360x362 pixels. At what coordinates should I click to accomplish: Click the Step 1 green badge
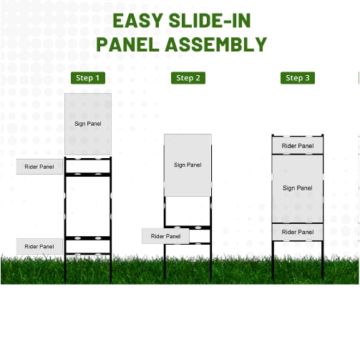88,78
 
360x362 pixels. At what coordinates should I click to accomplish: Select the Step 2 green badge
188,78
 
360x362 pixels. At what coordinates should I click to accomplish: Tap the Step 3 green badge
298,78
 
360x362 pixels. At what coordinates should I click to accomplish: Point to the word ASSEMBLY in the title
216,44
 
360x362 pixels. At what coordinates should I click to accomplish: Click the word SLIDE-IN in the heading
210,21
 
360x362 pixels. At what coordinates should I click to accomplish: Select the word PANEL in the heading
127,44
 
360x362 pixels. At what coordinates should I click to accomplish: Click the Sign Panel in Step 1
88,124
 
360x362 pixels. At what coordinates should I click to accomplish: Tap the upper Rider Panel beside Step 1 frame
39,167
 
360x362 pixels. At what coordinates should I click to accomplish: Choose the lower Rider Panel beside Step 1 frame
39,246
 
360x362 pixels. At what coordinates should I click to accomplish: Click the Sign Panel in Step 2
188,165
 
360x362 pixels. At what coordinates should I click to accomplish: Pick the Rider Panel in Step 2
165,236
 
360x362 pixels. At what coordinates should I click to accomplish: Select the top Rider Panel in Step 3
298,145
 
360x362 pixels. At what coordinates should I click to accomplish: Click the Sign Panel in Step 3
298,188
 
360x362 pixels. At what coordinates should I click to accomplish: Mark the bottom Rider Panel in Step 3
298,232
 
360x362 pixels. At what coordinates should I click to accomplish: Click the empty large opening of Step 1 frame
88,206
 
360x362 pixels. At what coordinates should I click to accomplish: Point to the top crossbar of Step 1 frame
88,158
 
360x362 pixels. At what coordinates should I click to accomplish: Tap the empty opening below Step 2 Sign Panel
188,211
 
